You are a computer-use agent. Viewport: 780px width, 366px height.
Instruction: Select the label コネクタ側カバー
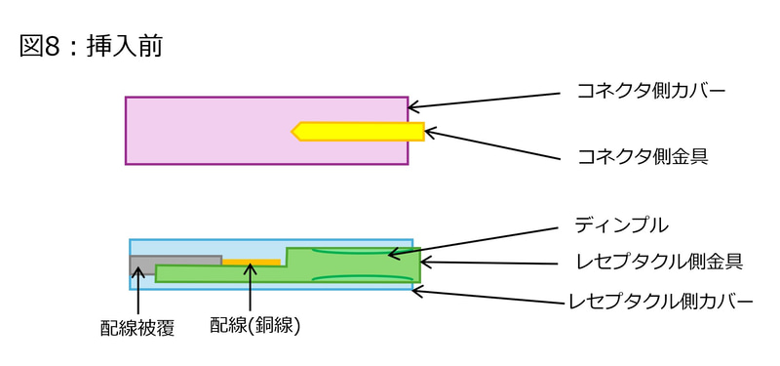click(654, 92)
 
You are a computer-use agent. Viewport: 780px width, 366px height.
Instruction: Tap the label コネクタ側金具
click(643, 155)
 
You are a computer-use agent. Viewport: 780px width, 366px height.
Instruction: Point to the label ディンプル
click(621, 224)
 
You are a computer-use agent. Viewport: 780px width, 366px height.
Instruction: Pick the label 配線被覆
click(137, 328)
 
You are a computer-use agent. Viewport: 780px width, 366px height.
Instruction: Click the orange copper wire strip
click(251, 262)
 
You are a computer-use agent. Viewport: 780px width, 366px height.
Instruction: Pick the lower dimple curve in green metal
click(361, 278)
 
